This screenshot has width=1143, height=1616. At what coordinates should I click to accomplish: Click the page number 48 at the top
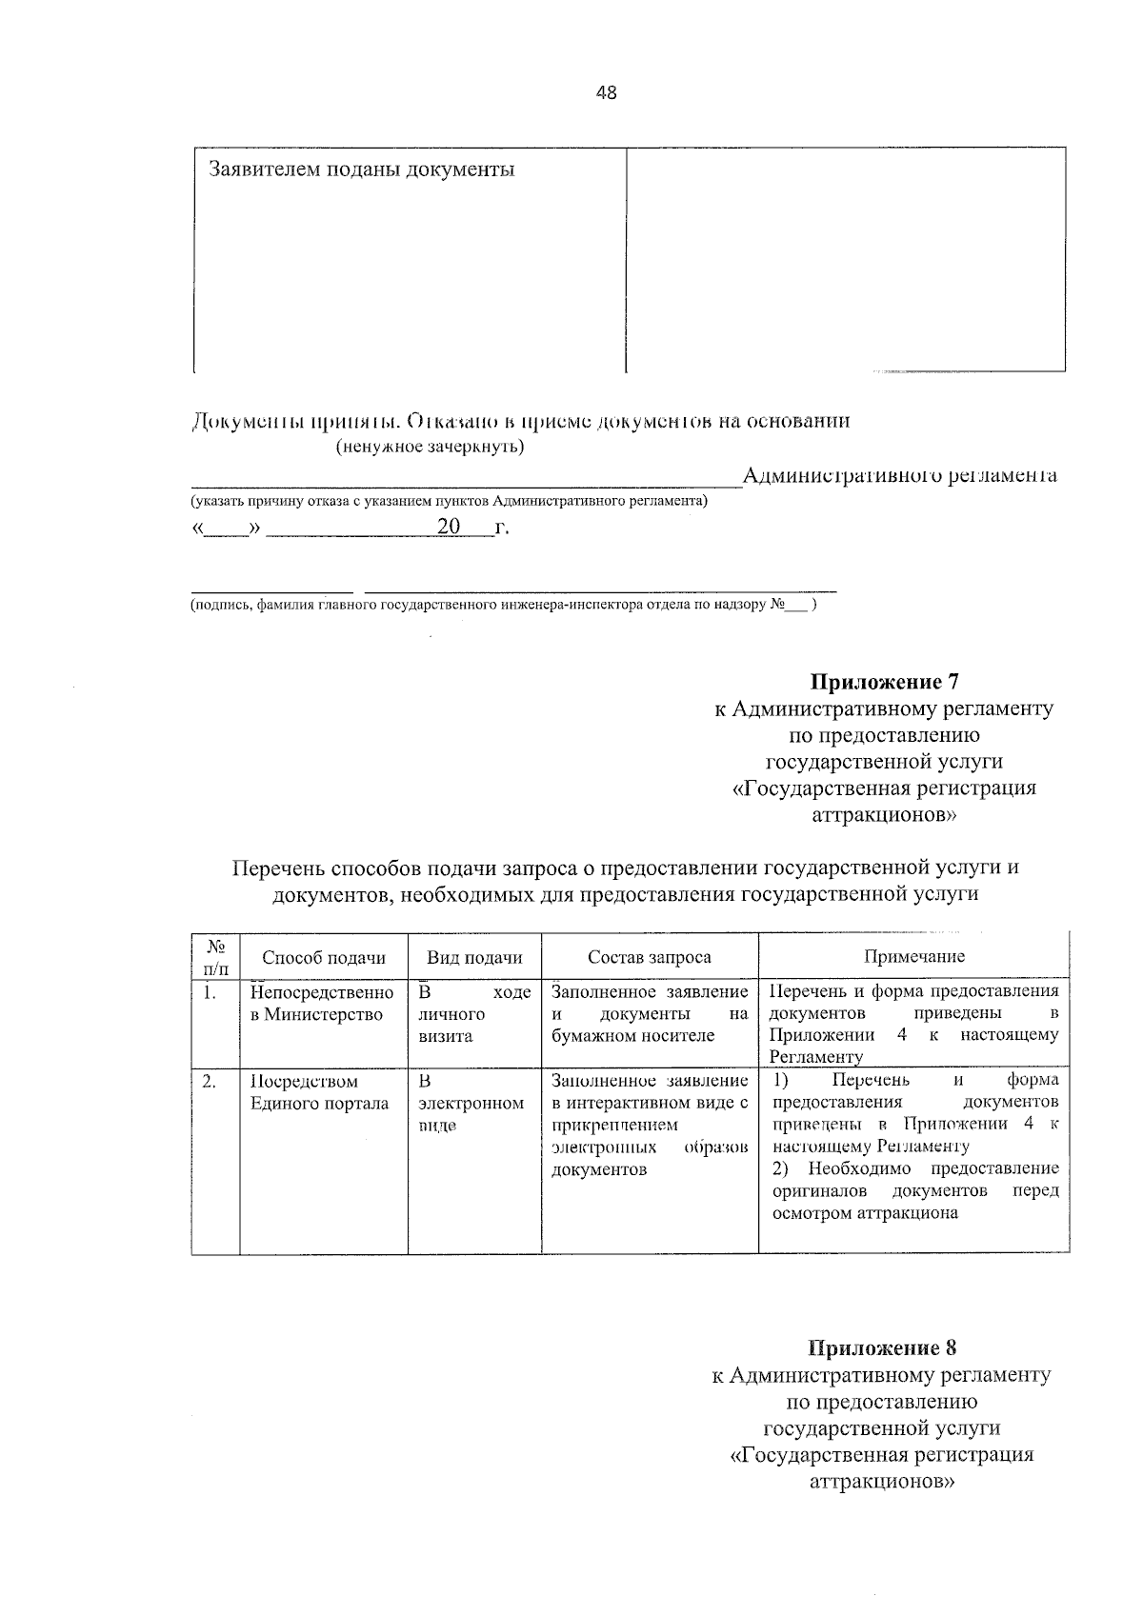606,93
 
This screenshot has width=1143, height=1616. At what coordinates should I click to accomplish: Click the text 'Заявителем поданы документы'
361,170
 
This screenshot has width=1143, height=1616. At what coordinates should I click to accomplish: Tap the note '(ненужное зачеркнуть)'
430,446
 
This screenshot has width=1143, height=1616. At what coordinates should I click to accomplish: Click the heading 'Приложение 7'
883,682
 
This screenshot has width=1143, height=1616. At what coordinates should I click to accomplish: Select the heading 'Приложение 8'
881,1347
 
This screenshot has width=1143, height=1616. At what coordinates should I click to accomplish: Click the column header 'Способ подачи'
323,957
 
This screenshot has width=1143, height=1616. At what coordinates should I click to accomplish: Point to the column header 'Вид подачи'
474,957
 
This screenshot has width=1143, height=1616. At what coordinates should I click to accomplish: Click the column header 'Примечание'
913,956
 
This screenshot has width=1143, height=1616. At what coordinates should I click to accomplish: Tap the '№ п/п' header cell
215,957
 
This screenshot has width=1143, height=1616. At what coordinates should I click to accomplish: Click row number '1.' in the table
210,992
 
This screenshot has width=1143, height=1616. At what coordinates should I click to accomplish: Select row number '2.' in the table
210,1081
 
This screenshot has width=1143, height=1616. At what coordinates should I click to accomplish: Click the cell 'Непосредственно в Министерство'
321,1003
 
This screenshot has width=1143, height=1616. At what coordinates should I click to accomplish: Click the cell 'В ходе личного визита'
473,1014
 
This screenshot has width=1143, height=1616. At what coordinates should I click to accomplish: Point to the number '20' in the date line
448,528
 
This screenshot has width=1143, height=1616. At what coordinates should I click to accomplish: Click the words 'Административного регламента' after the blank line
899,475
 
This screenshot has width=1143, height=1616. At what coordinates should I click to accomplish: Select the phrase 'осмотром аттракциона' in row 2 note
864,1213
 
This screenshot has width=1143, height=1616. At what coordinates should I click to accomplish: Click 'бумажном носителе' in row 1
632,1036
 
